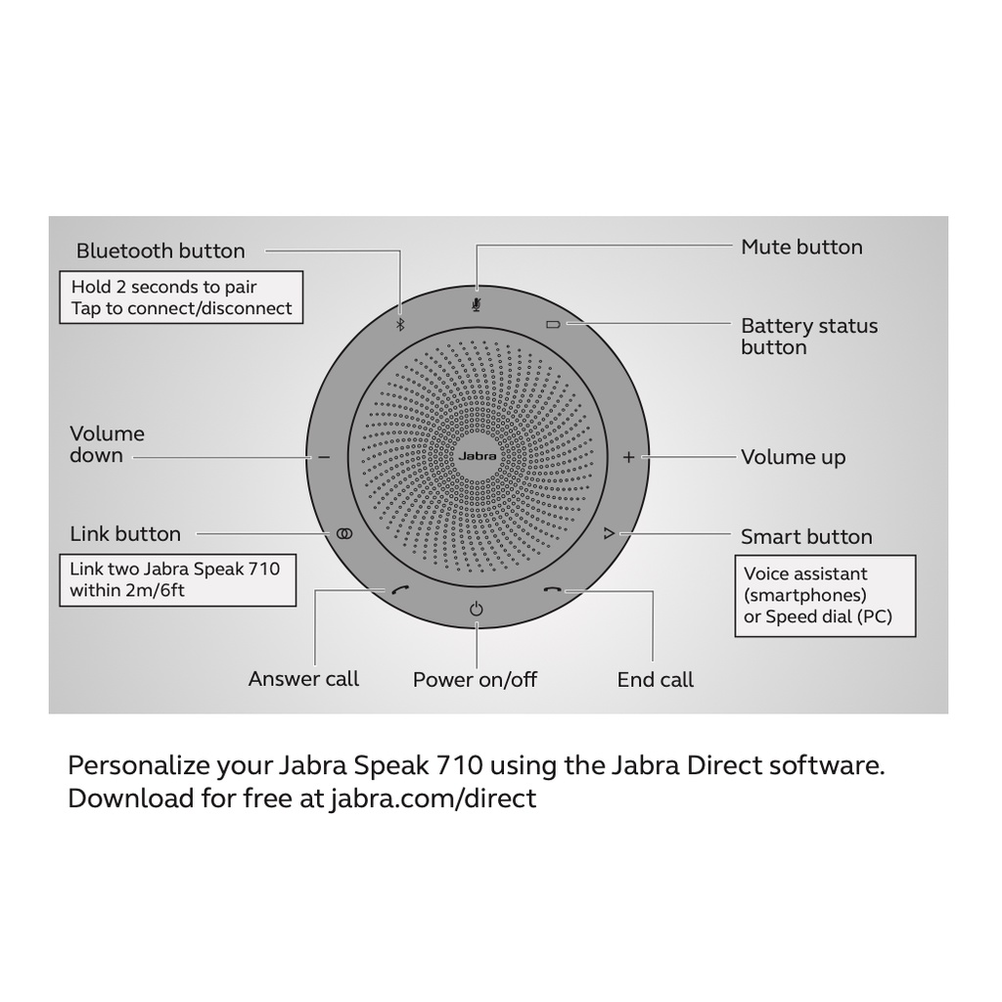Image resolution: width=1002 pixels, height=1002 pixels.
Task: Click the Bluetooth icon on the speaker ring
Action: click(399, 325)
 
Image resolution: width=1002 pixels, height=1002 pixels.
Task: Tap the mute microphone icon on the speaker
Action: click(477, 304)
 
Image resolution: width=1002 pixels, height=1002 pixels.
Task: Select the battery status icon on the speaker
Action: click(553, 324)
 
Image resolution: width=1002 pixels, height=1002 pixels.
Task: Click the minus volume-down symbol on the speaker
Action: click(324, 457)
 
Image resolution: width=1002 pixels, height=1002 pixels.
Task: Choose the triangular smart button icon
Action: click(609, 534)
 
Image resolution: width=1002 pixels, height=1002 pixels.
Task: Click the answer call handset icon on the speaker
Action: click(399, 589)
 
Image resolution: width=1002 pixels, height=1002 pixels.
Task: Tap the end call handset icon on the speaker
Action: click(554, 589)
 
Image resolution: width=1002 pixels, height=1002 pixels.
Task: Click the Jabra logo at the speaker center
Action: click(477, 456)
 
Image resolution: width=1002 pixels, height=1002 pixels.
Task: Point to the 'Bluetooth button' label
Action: click(160, 251)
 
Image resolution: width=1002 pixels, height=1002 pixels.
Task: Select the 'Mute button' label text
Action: click(801, 248)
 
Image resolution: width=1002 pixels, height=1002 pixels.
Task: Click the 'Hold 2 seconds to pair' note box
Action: click(181, 298)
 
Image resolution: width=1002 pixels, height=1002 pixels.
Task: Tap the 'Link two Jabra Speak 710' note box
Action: click(177, 579)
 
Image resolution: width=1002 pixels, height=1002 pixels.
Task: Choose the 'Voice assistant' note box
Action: click(825, 595)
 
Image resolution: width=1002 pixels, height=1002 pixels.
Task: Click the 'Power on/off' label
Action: click(475, 680)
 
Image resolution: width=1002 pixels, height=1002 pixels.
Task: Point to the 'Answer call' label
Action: click(303, 679)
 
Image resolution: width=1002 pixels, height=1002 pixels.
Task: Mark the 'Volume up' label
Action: click(793, 458)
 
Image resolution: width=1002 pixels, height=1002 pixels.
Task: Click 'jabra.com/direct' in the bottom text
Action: click(433, 798)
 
